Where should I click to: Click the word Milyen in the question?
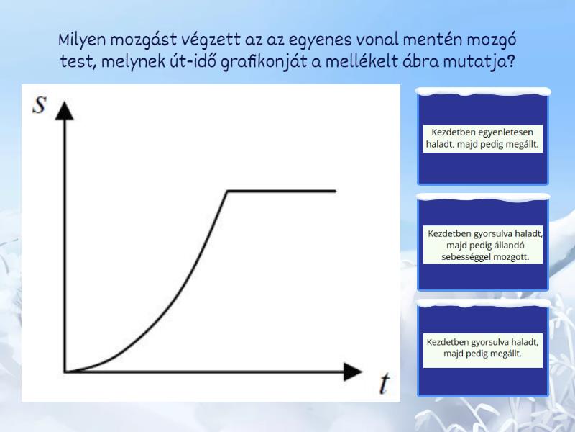pyautogui.click(x=82, y=40)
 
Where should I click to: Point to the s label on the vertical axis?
pyautogui.click(x=40, y=105)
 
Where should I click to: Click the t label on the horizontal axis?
pyautogui.click(x=384, y=382)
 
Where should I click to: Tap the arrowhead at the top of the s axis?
pyautogui.click(x=64, y=111)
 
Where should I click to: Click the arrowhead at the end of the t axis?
pyautogui.click(x=352, y=372)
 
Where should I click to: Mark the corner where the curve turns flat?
pyautogui.click(x=227, y=191)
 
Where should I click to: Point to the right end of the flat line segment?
pyautogui.click(x=336, y=191)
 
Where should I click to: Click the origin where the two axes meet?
pyautogui.click(x=65, y=372)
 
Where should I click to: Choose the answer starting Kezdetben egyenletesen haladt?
pyautogui.click(x=482, y=138)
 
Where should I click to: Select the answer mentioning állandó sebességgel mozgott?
pyautogui.click(x=482, y=245)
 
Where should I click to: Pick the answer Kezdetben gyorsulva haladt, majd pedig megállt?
pyautogui.click(x=482, y=348)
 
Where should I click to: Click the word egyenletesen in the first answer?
pyautogui.click(x=502, y=132)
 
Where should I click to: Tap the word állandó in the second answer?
pyautogui.click(x=510, y=245)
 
